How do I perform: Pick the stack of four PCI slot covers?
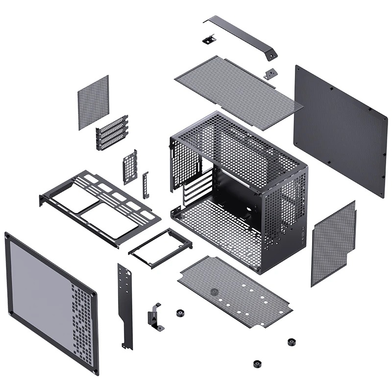click(x=112, y=133)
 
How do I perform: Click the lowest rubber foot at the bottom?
click(x=257, y=364)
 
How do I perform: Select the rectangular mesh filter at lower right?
click(x=333, y=243)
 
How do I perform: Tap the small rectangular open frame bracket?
click(x=160, y=247)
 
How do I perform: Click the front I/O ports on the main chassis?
click(x=304, y=236)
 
